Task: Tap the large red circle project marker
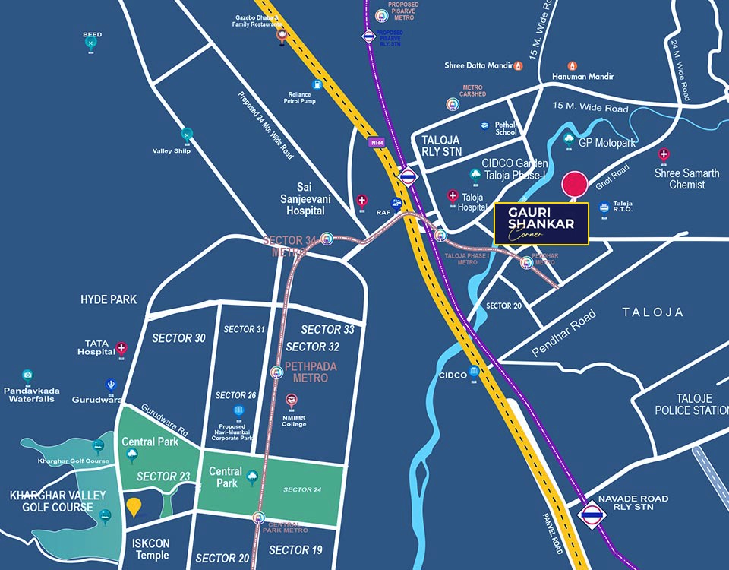tap(574, 185)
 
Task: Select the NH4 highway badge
tap(376, 142)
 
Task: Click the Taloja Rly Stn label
tap(442, 145)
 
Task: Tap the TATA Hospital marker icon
tap(121, 348)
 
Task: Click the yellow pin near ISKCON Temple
tap(134, 506)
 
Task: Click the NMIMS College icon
tap(292, 400)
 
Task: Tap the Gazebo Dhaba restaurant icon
tap(282, 35)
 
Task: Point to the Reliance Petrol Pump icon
tap(317, 84)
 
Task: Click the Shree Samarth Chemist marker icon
tap(664, 155)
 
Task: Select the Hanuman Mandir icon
tap(572, 66)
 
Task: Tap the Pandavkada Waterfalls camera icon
tap(28, 375)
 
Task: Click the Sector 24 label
tap(302, 489)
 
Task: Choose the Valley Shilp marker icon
tap(187, 135)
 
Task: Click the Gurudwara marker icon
tap(111, 385)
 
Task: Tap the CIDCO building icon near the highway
tap(474, 372)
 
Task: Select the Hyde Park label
tap(109, 299)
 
